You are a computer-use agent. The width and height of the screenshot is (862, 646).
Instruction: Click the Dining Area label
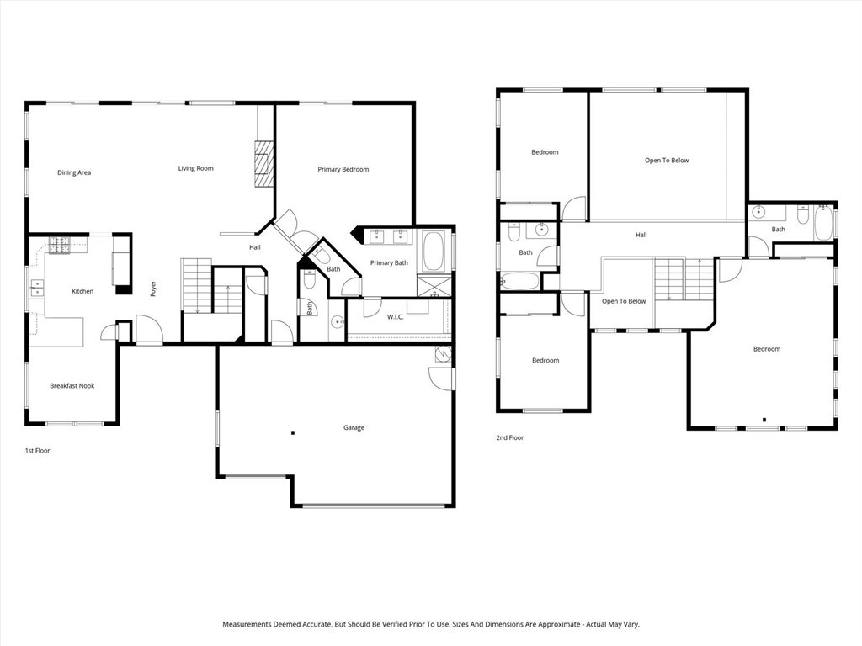coord(74,173)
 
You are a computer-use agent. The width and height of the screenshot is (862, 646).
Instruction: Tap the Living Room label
coord(195,169)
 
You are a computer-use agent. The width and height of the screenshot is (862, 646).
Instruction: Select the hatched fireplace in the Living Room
coord(264,163)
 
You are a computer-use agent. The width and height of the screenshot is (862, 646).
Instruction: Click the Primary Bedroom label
coord(343,170)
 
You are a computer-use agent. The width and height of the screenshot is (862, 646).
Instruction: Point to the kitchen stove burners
coord(59,245)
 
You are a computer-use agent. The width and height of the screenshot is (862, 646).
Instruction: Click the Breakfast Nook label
coord(72,386)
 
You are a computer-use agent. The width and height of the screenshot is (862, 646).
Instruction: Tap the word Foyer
coord(153,289)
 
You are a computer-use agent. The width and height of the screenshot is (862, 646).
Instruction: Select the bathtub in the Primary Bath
coord(435,251)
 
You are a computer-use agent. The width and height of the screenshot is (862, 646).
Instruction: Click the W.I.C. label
coord(396,317)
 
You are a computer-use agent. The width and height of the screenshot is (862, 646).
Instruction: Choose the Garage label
coord(354,428)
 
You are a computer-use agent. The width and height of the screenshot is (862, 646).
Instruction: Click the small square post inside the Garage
coord(292,433)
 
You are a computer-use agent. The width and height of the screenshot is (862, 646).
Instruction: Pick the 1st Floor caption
coord(37,451)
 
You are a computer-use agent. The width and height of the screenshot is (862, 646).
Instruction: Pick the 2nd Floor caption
coord(510,438)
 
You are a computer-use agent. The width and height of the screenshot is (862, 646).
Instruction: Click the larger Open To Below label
coord(667,161)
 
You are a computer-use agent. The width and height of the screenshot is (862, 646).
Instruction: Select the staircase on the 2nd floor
coord(683,280)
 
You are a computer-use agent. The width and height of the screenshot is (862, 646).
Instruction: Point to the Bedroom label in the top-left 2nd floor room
coord(545,153)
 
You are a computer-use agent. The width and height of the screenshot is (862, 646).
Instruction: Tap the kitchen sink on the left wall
coord(37,288)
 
